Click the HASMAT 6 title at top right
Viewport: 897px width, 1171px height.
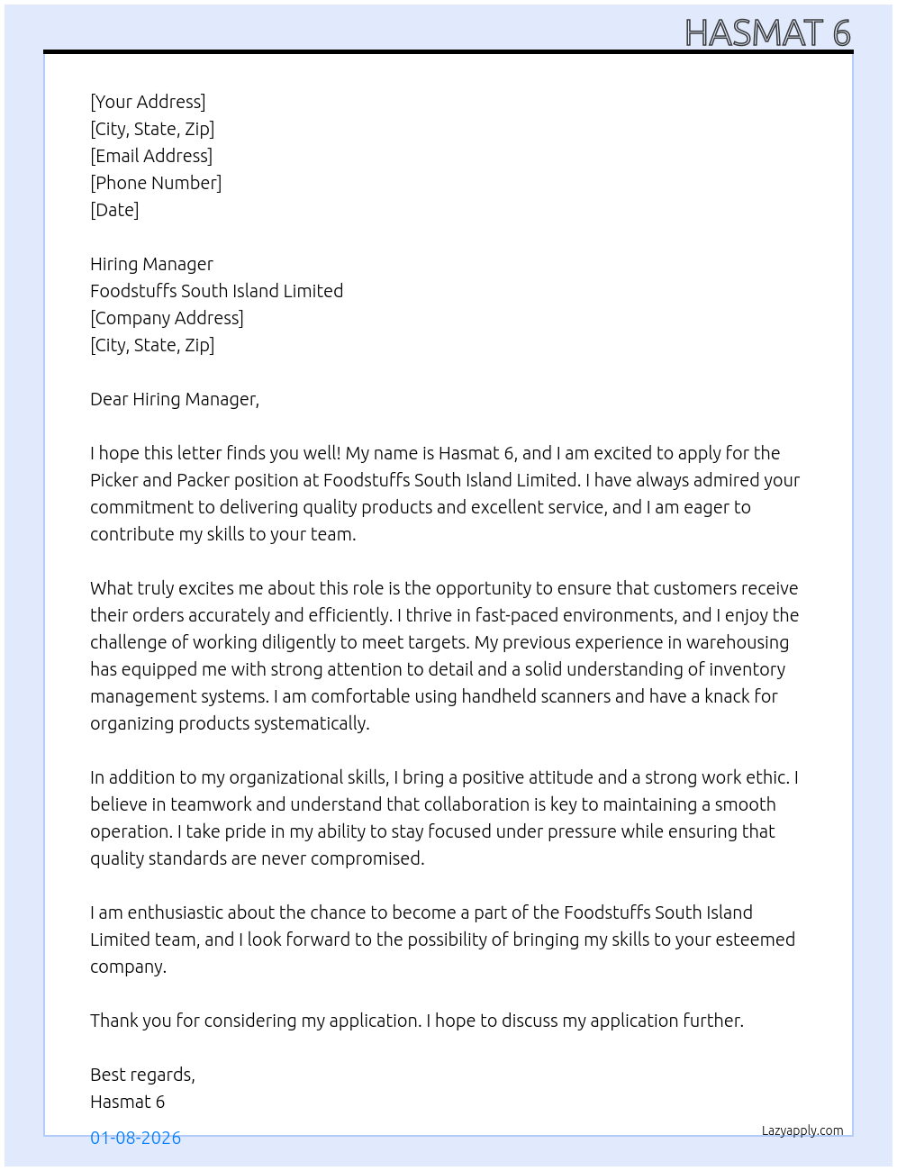tap(767, 33)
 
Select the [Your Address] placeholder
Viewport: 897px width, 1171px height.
tap(148, 102)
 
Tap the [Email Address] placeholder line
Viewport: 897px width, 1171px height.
tap(151, 156)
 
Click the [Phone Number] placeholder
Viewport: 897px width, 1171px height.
tap(156, 183)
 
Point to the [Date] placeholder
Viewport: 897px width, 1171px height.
tap(114, 210)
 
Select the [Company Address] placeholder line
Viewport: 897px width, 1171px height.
tap(167, 318)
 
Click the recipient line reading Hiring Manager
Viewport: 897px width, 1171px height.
tap(151, 264)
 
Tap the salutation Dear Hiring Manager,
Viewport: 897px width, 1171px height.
tap(175, 399)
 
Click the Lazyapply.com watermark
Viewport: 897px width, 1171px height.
tap(802, 1130)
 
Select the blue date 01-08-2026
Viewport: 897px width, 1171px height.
tap(136, 1138)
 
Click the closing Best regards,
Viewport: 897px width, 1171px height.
tap(142, 1075)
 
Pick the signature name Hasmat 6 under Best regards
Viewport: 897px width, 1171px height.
tap(127, 1102)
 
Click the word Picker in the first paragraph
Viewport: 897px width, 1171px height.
tap(113, 480)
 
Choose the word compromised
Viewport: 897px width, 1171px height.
tap(367, 858)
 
